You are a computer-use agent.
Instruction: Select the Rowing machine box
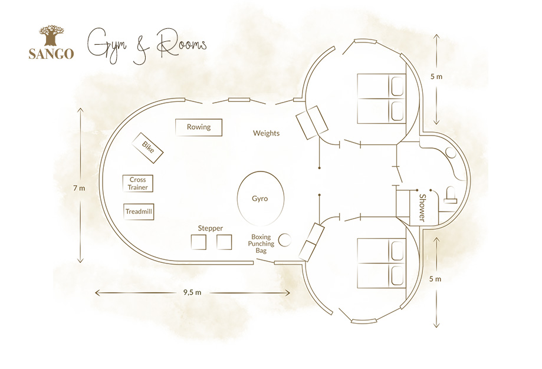(199, 127)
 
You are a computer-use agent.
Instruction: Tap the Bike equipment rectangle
(147, 148)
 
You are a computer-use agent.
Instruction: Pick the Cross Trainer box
(138, 183)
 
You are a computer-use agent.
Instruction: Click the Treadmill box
(139, 212)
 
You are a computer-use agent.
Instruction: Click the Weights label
(266, 133)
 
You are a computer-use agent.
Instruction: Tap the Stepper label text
(210, 228)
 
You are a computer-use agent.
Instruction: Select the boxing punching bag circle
(285, 240)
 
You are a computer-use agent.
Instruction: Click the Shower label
(422, 207)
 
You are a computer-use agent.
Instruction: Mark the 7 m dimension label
(79, 188)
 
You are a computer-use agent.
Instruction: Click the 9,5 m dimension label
(192, 292)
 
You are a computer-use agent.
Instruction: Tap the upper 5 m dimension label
(436, 77)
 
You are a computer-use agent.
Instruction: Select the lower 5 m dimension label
(435, 279)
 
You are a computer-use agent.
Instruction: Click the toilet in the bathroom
(451, 195)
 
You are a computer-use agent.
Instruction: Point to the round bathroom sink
(451, 153)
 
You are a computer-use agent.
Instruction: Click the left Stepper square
(198, 242)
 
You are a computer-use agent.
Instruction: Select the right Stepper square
(224, 242)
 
